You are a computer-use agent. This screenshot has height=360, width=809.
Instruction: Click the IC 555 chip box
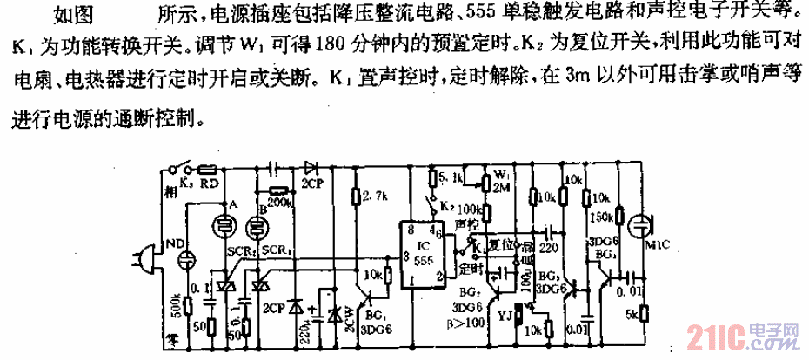[418, 253]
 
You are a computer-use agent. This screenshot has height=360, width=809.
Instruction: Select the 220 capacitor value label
[550, 246]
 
